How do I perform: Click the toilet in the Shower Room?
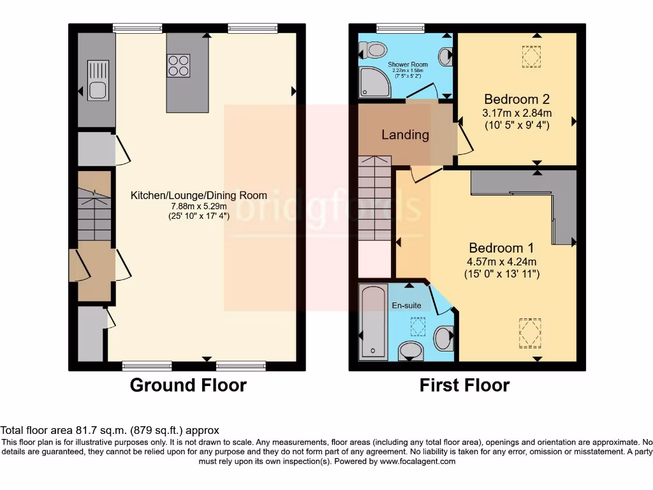pos(373,49)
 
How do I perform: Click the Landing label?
pos(405,135)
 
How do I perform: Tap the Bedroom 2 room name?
pos(517,100)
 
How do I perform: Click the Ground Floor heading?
pos(188,385)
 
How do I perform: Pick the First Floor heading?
pos(464,385)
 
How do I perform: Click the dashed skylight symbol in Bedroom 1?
pos(529,333)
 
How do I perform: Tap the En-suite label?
pos(406,306)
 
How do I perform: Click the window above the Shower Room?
pos(400,27)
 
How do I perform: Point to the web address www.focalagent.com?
pos(418,461)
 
